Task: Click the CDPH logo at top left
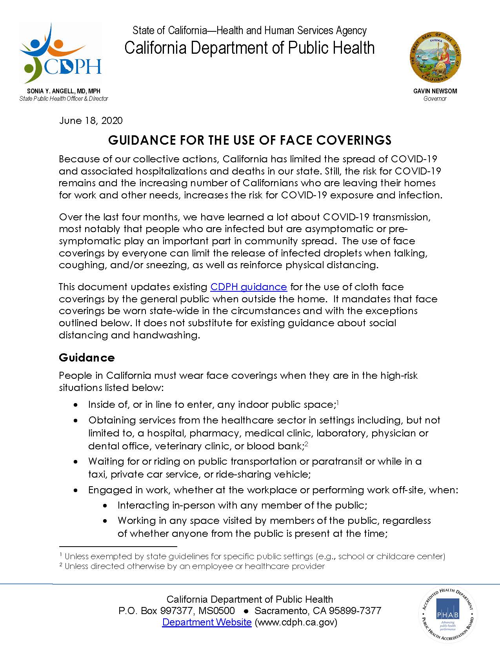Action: coord(61,53)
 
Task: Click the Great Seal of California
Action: coord(435,58)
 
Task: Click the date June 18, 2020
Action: coord(91,120)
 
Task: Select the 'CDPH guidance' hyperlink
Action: coord(249,287)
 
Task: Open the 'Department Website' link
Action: coord(207,622)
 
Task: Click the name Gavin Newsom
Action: coord(435,91)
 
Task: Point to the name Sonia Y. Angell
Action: coord(64,91)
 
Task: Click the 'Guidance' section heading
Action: coord(87,358)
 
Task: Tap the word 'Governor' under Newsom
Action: coord(435,98)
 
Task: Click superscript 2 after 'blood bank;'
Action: coord(307,443)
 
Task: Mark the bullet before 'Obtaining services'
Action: coord(76,420)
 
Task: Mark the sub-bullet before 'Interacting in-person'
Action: coord(105,506)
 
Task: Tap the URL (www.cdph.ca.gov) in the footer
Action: coord(296,622)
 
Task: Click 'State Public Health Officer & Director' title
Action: coord(64,98)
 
